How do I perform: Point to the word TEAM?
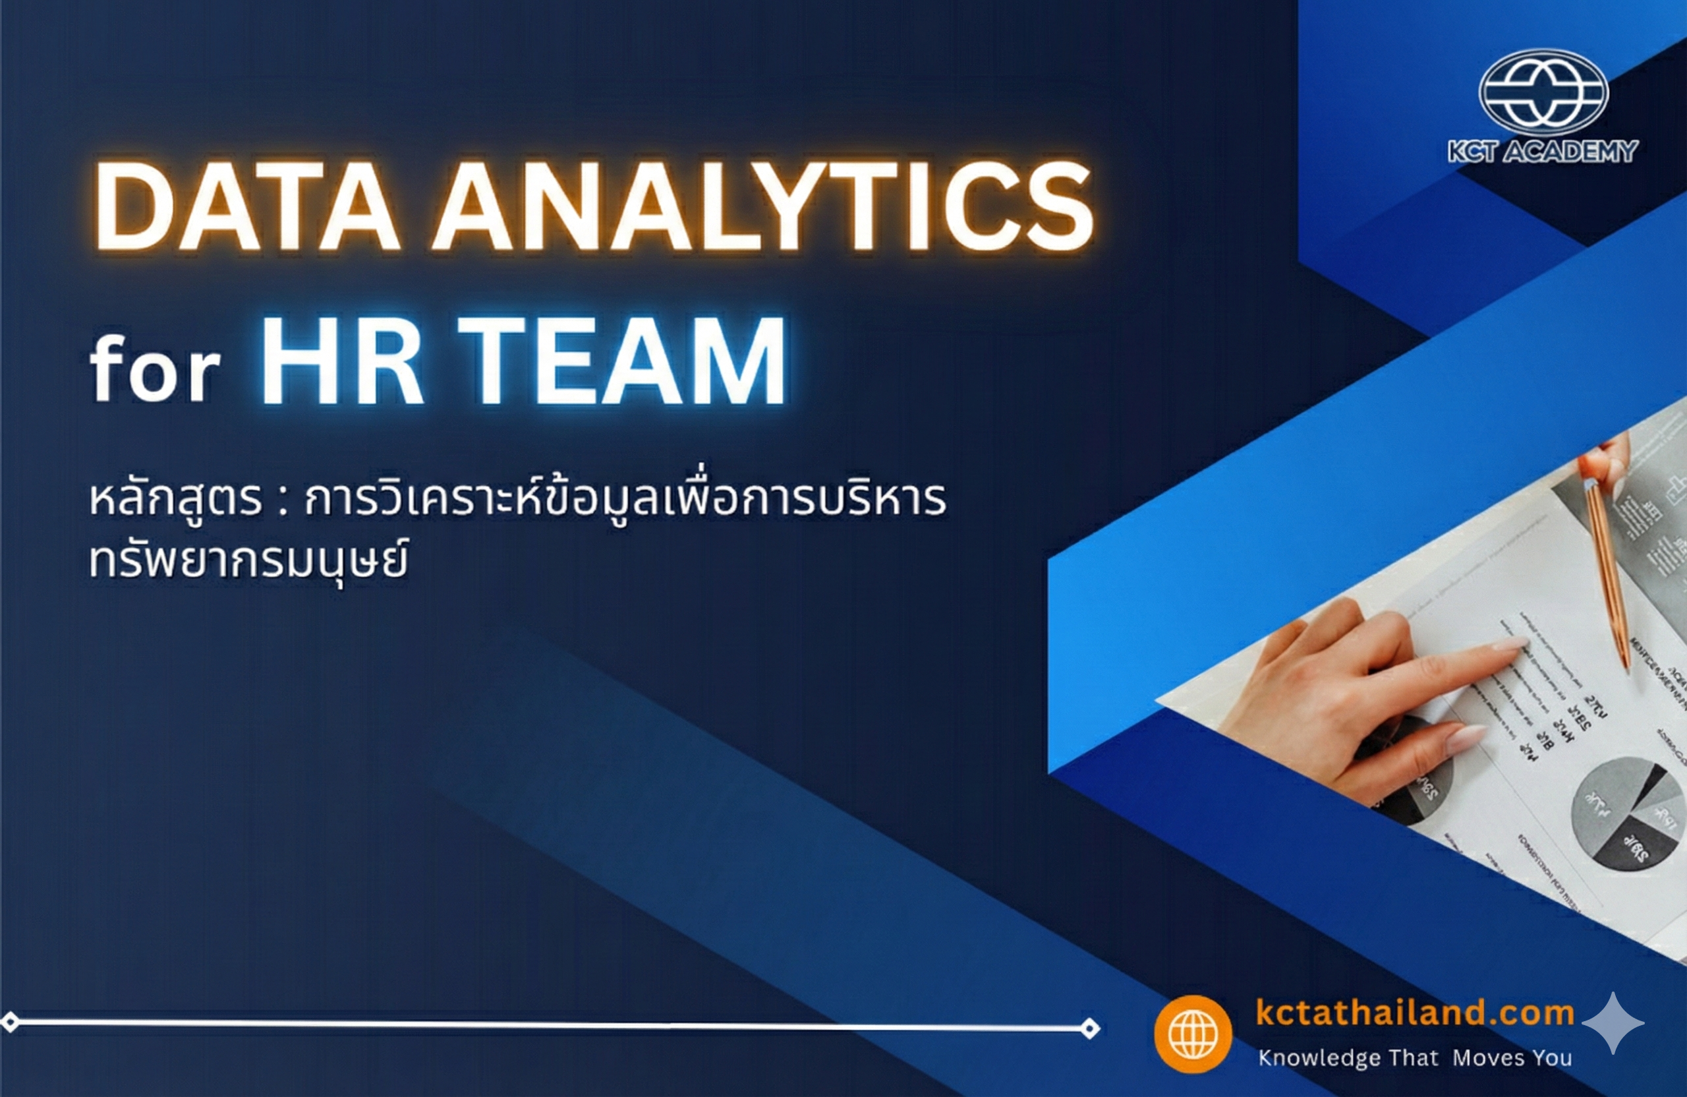tap(624, 362)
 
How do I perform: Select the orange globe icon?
tap(1193, 1033)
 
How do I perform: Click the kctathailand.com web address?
tap(1414, 1012)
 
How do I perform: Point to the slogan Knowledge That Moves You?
tap(1415, 1058)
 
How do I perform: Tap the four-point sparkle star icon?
tap(1613, 1023)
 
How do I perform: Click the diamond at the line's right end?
tap(1090, 1028)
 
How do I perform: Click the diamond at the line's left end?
tap(10, 1022)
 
